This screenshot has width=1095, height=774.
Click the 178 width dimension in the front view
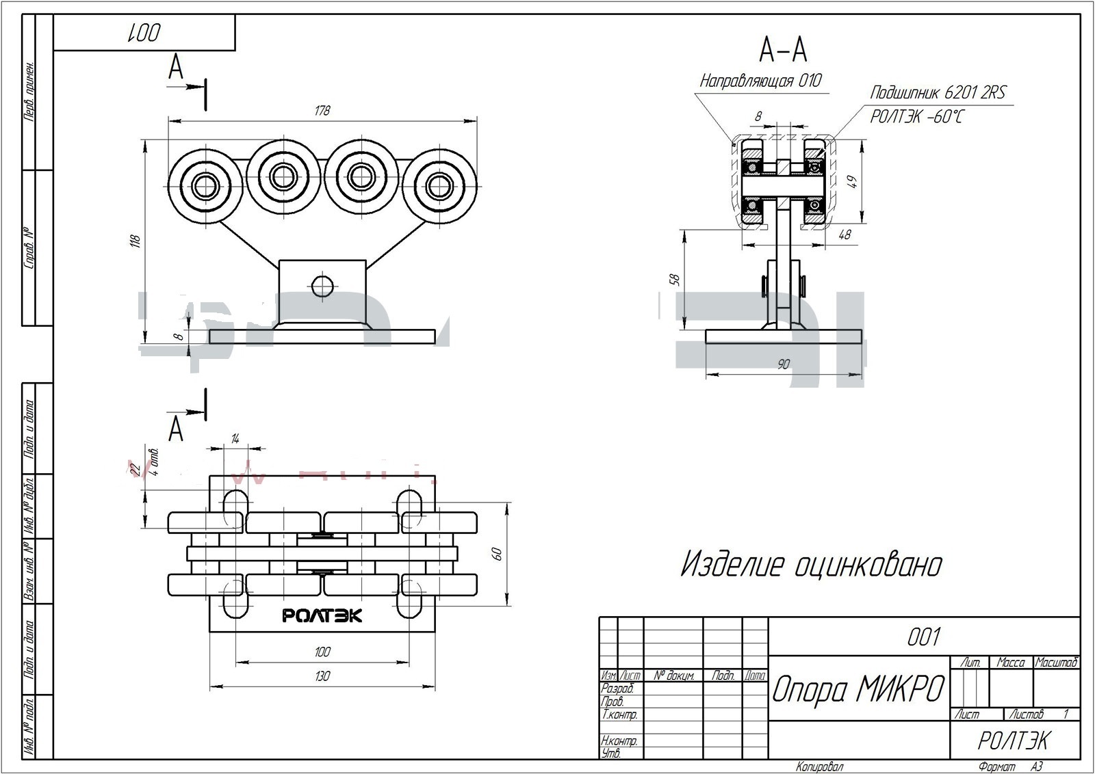(322, 111)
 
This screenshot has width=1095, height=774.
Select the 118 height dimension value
(136, 241)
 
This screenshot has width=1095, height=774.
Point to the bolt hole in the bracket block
(322, 285)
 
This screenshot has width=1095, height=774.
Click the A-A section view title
(783, 49)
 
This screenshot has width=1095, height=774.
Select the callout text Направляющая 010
(760, 81)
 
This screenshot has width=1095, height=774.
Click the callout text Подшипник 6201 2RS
(938, 92)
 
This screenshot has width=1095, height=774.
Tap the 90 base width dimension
(784, 364)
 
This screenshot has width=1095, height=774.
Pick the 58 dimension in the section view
(675, 279)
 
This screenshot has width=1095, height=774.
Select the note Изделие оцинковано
(811, 565)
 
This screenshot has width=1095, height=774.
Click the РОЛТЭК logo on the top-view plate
(322, 616)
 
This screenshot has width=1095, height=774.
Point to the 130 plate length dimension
(322, 676)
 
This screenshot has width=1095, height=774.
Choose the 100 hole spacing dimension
(322, 652)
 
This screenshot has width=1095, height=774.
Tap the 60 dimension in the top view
(498, 554)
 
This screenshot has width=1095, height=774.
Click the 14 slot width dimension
(235, 439)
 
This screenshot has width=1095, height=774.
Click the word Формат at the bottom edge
(996, 767)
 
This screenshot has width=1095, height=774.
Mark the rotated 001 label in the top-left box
(144, 32)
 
